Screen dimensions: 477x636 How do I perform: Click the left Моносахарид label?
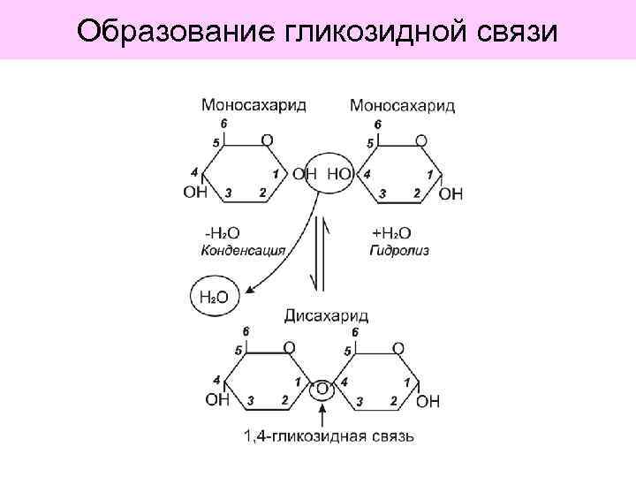pos(254,105)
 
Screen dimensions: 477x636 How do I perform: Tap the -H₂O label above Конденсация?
pos(222,233)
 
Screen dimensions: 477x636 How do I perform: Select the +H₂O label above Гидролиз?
pos(391,233)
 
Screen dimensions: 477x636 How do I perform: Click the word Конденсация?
pos(243,250)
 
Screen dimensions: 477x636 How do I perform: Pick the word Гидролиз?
pos(399,250)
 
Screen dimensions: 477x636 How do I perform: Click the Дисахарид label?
pos(327,315)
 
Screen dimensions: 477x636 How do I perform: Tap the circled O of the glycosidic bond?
pos(324,390)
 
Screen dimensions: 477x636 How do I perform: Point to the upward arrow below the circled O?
pos(324,414)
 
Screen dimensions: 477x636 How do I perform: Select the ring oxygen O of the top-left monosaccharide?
pos(267,140)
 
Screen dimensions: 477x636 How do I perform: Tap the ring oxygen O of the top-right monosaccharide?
pos(420,140)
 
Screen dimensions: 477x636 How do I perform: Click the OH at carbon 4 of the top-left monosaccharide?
pos(195,192)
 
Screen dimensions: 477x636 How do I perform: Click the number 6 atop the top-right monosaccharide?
pos(378,125)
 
